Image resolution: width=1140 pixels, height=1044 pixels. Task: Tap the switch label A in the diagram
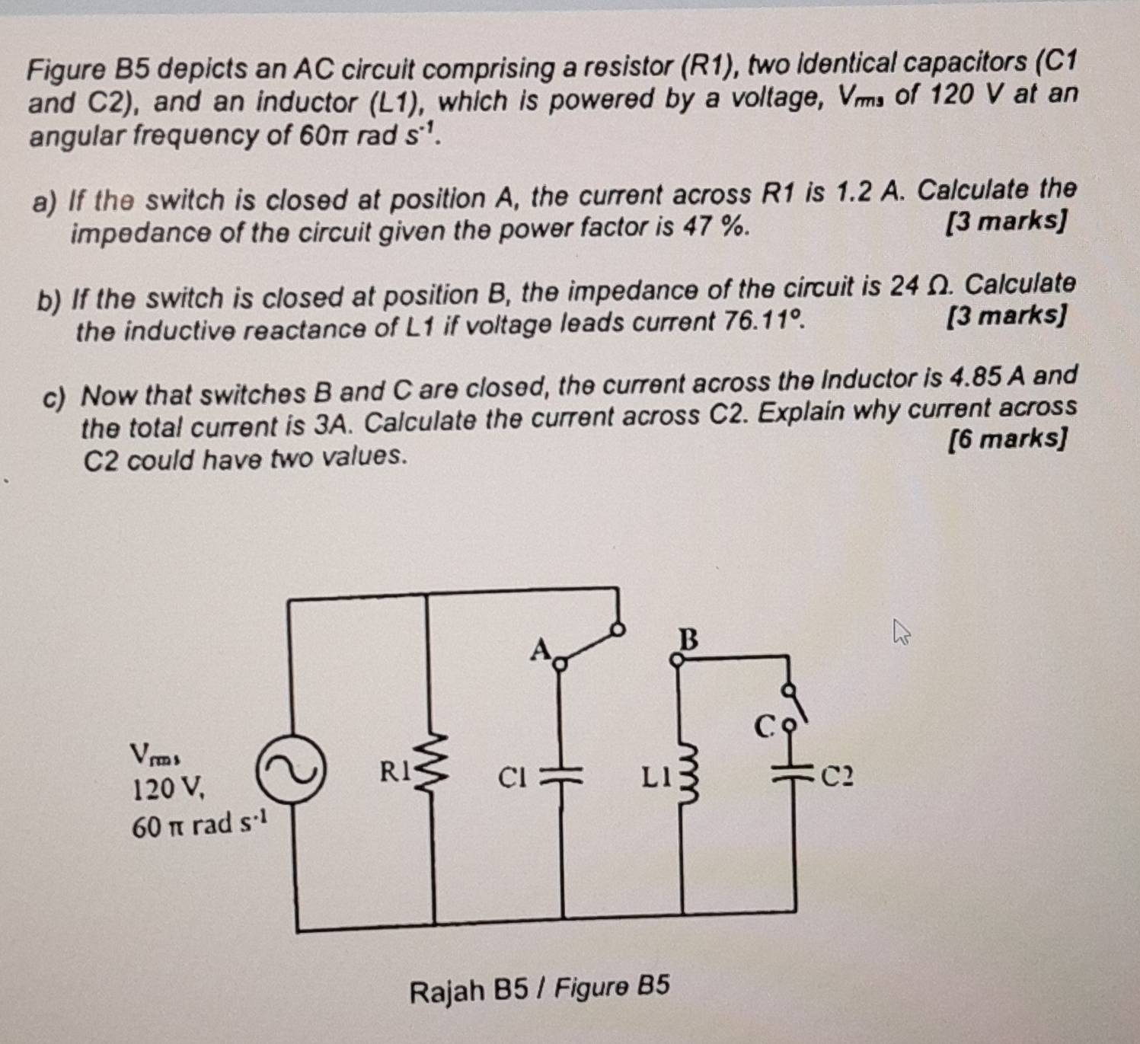tap(540, 650)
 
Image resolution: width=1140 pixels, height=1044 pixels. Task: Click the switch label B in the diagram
tap(688, 639)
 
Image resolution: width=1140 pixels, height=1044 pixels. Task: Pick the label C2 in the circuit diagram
tap(838, 777)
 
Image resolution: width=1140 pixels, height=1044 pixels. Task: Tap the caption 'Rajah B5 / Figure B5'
tap(539, 988)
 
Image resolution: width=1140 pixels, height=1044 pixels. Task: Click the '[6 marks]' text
tap(1006, 440)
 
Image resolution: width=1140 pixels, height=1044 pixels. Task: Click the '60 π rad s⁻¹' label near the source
tap(200, 824)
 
